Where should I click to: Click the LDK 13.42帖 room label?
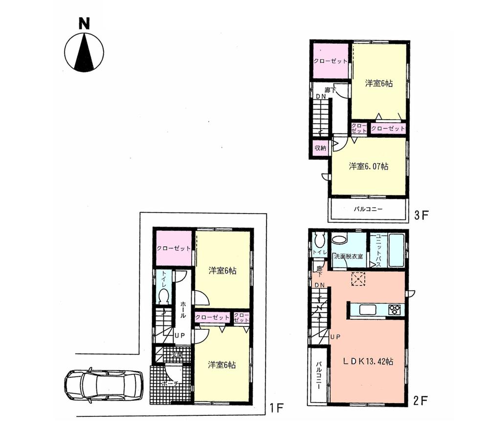click(x=368, y=362)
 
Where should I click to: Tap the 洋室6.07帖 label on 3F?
click(x=369, y=167)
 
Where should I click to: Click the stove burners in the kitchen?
click(x=395, y=309)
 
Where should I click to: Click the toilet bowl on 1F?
click(x=164, y=296)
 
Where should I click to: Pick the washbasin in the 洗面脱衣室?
click(x=338, y=239)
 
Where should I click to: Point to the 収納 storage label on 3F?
click(x=321, y=148)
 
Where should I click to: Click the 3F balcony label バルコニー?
click(x=368, y=209)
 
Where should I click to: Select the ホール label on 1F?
click(x=183, y=309)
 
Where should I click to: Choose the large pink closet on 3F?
click(x=331, y=61)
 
